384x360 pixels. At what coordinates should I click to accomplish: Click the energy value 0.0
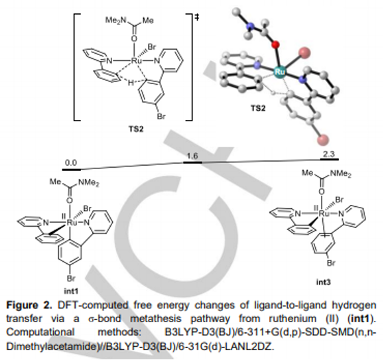(71, 162)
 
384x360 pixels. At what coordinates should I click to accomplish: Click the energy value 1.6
(192, 156)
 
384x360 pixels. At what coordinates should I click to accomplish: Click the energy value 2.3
(329, 154)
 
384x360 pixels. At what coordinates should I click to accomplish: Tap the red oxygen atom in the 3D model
(276, 45)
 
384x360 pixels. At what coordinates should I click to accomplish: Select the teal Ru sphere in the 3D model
(280, 72)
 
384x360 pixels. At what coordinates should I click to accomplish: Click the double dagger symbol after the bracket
(197, 17)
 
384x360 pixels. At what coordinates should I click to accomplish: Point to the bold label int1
(71, 291)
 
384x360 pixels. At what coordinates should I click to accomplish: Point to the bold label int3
(323, 282)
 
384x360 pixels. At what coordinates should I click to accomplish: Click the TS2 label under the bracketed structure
(136, 129)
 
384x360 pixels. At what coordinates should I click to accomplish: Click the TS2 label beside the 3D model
(258, 108)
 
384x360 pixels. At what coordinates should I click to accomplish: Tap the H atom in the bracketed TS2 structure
(131, 83)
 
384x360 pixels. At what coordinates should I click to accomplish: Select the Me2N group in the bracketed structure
(115, 21)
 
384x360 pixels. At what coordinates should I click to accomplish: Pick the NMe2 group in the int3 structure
(341, 174)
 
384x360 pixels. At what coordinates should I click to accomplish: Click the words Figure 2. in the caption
(29, 305)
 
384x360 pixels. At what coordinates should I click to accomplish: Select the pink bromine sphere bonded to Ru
(304, 52)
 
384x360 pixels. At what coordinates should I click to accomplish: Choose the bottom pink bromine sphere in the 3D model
(323, 139)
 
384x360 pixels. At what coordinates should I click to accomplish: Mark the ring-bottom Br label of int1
(71, 278)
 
